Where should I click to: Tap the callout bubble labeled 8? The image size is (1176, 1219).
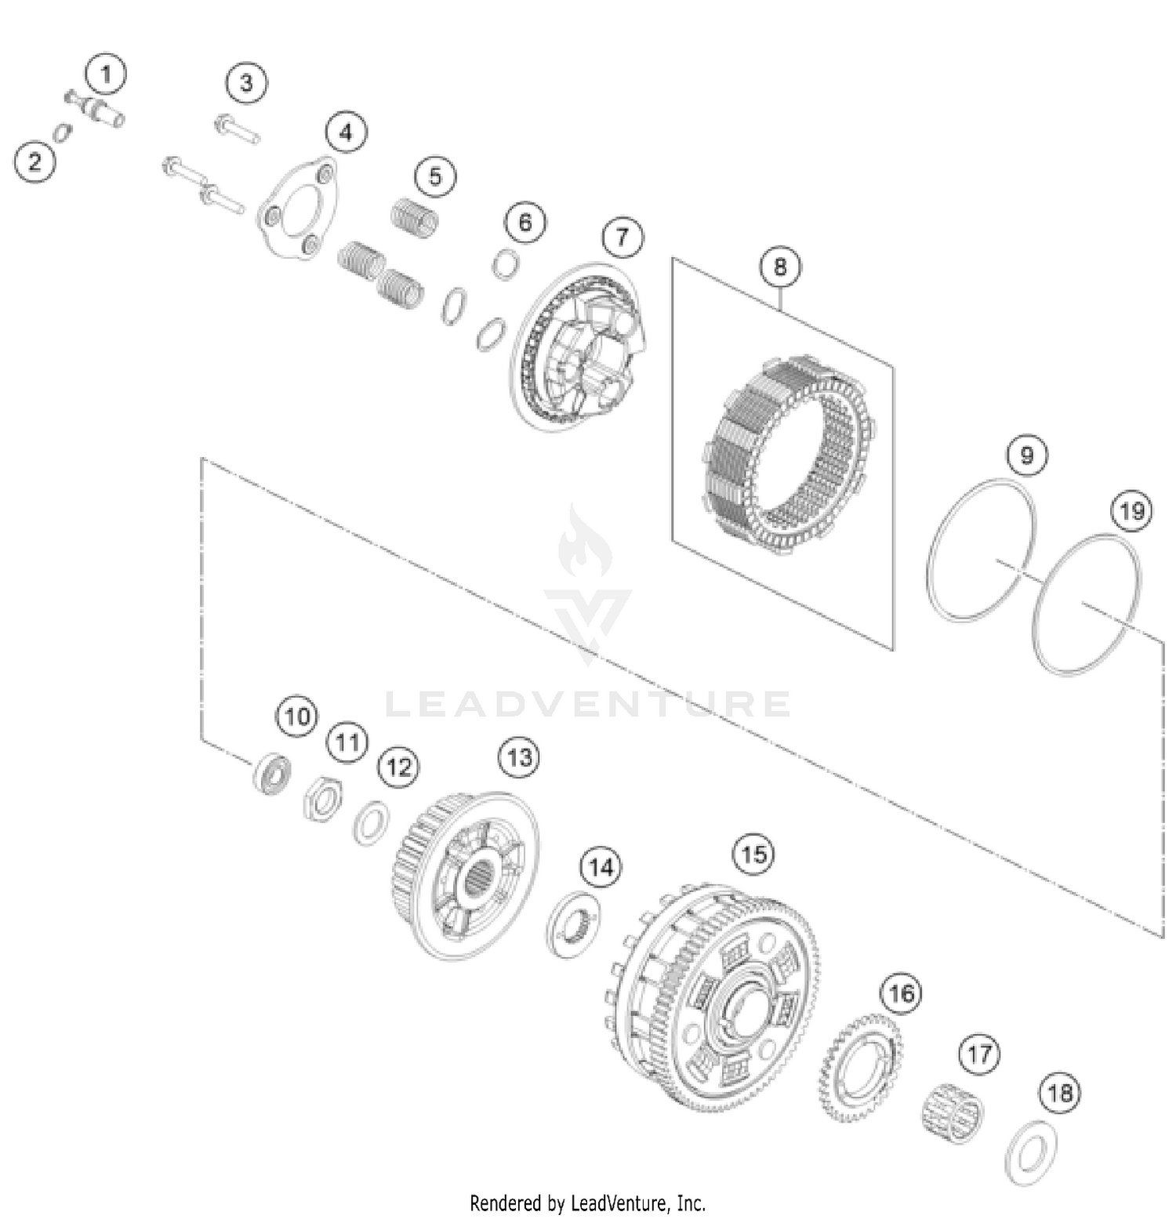780,267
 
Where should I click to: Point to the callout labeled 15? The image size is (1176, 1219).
753,854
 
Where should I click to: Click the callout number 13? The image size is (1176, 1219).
520,757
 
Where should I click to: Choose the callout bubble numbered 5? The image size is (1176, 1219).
435,176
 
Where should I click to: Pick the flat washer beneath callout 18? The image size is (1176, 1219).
1031,1152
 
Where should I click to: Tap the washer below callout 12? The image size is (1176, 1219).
371,823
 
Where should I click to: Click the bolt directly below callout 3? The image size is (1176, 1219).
237,130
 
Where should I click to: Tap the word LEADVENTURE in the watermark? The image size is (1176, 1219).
587,704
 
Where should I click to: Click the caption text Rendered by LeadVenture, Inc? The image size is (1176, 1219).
588,1202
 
